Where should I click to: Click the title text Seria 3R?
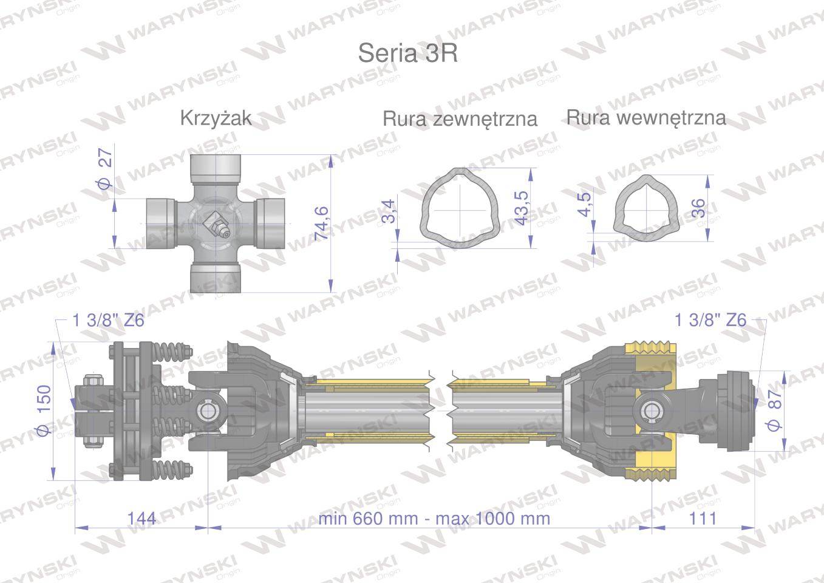point(407,53)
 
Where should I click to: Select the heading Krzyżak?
point(216,117)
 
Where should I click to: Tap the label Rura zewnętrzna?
point(460,118)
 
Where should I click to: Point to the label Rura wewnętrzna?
point(646,117)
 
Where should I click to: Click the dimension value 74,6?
point(321,223)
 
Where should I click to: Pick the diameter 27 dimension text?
point(105,169)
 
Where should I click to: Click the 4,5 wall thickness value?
point(584,204)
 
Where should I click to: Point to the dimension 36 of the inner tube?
point(698,208)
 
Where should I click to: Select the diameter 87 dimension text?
point(775,411)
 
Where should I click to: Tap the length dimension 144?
point(141,518)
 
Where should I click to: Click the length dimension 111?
point(703,518)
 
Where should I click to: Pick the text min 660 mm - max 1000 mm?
point(434,518)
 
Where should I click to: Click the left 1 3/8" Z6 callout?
point(108,320)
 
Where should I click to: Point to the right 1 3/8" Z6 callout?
point(710,320)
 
